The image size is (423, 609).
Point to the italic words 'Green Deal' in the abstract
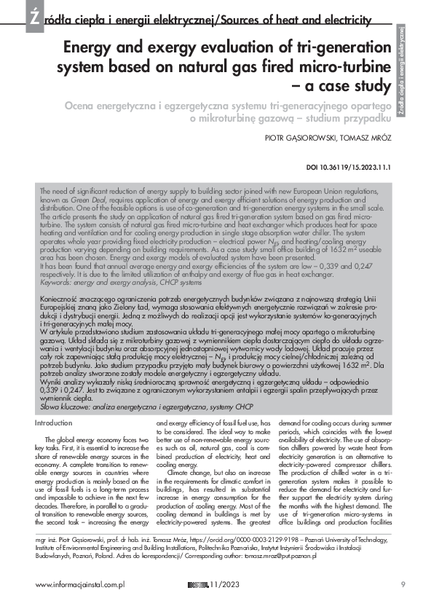pos(87,197)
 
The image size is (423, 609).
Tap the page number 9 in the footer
pos(403,584)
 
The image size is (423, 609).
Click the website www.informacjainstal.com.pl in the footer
pos(80,584)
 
